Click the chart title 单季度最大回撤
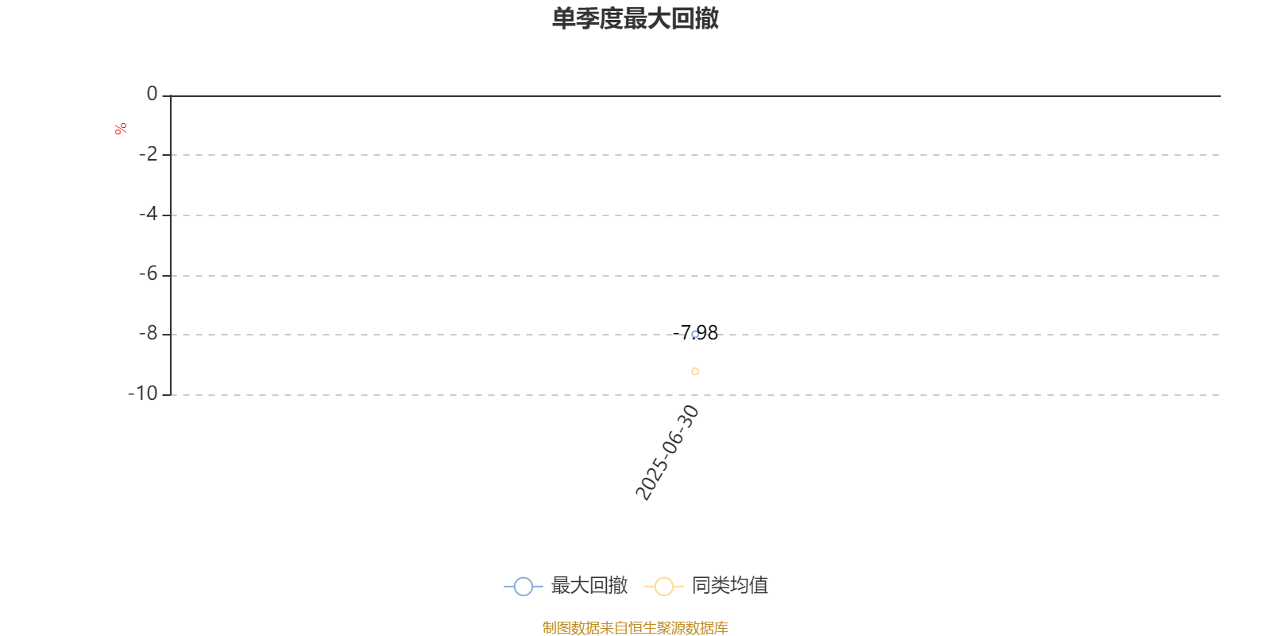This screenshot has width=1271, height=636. pos(635,18)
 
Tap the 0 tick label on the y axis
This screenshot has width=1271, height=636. pos(152,94)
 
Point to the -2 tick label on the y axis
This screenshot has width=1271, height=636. pos(148,154)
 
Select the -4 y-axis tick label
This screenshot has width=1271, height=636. pos(148,214)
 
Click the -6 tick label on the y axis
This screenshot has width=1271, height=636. pos(148,274)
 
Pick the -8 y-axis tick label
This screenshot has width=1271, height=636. pos(148,333)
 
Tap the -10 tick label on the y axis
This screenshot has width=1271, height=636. pos(143,394)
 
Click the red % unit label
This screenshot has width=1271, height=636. pos(120,129)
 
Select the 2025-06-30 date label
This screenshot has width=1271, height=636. pos(666,452)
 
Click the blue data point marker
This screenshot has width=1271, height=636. pos(695,335)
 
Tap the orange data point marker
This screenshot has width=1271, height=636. pos(695,371)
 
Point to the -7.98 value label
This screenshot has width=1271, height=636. pos(695,332)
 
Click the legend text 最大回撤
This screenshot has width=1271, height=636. pos(589,585)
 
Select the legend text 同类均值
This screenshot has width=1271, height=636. pos(730,585)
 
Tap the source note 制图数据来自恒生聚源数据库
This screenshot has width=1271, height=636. pos(635,627)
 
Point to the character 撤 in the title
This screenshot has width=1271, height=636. pos(707,18)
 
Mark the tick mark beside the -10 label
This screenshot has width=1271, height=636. pos(166,394)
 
